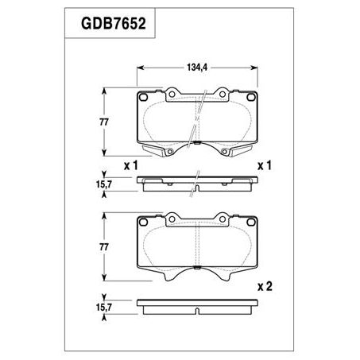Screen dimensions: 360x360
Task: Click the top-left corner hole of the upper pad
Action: [x=143, y=98]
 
